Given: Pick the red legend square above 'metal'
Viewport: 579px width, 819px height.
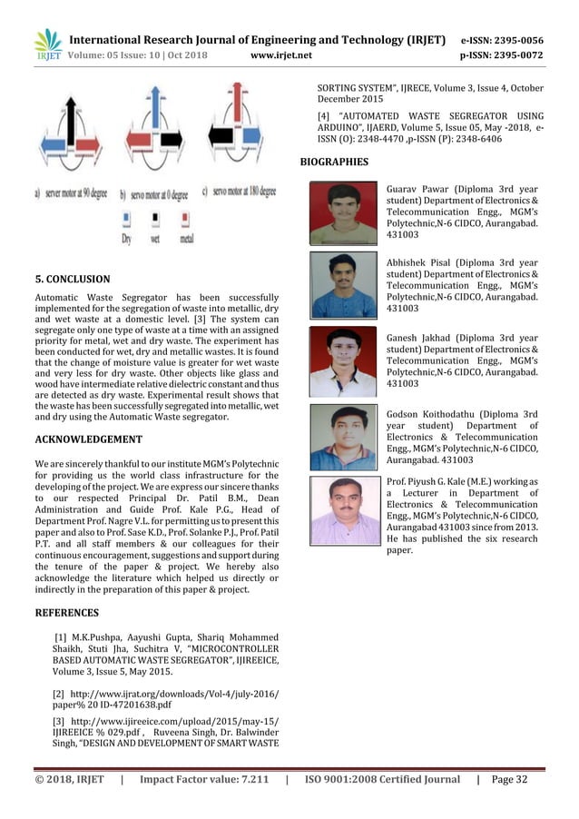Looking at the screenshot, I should [187, 218].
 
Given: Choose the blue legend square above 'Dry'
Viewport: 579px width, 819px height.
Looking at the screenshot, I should [125, 218].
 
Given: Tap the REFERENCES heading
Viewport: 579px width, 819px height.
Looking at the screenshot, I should [66, 612].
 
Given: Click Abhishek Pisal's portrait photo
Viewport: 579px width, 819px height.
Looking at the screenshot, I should [343, 284].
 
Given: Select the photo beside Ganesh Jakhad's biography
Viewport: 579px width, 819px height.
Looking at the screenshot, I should [343, 360].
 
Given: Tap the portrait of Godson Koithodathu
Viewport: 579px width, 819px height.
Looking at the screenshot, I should [343, 435].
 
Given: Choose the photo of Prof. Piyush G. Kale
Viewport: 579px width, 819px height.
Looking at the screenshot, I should [343, 509].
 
